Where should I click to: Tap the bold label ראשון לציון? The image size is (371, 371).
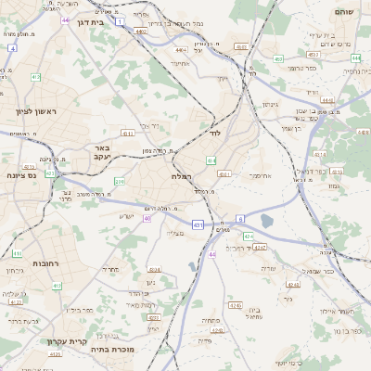pos(36,112)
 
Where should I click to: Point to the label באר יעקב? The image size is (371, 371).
pos(103,151)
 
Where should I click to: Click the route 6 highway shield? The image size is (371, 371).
pos(240,218)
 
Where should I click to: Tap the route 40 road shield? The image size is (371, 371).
pos(147,219)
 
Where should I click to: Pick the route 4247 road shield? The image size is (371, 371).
pos(261,248)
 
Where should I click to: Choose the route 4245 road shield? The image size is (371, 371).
pos(236,304)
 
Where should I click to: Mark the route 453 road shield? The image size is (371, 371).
pos(278,58)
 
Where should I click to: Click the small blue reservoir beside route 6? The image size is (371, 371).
pos(268,221)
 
